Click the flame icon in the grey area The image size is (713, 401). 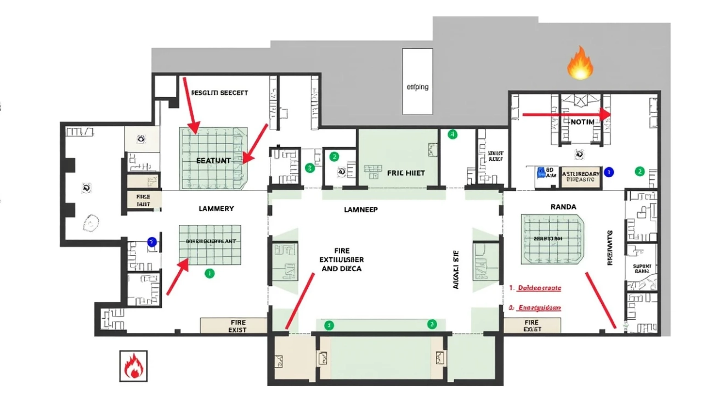coord(580,63)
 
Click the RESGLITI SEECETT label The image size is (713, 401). coord(219,93)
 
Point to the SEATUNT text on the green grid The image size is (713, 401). coord(213,161)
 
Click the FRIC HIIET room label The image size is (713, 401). coord(406,172)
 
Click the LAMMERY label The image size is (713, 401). coord(216,208)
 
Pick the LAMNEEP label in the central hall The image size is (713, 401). coord(360,210)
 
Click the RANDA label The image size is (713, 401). coord(563,207)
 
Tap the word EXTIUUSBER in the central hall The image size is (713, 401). coord(342,259)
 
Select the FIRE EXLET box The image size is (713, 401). coord(532,326)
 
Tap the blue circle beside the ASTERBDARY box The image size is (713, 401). coord(608,172)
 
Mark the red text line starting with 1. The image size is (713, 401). coord(535,287)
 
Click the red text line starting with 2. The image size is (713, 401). coord(535,308)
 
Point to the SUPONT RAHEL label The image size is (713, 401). coord(642,268)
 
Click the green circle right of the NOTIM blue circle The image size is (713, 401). coord(639,171)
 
